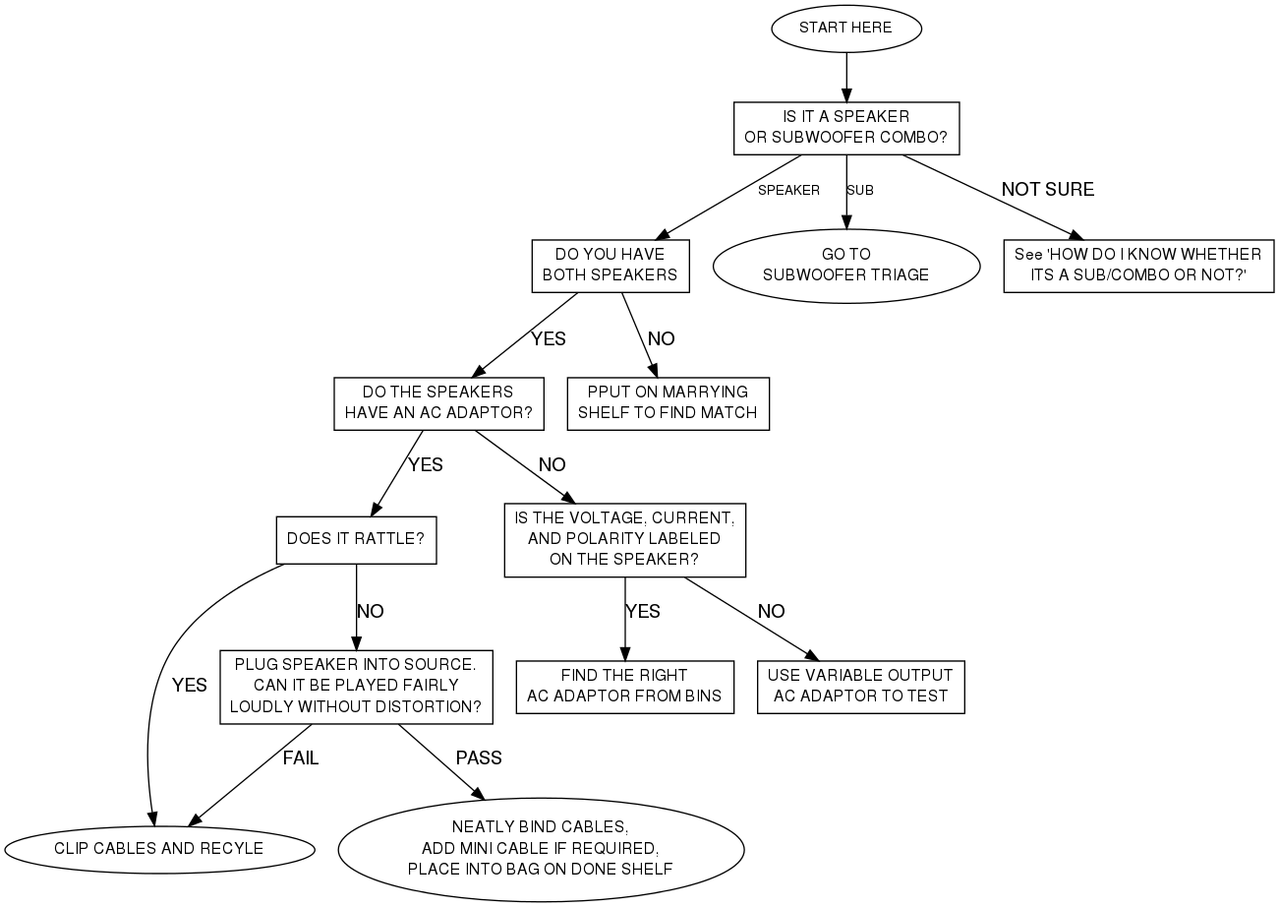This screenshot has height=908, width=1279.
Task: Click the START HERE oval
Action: pyautogui.click(x=845, y=28)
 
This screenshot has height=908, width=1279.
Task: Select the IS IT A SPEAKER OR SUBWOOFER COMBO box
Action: pyautogui.click(x=845, y=127)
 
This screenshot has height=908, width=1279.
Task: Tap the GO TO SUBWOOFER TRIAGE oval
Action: pyautogui.click(x=845, y=265)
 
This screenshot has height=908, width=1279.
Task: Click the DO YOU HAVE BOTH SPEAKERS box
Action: pyautogui.click(x=610, y=265)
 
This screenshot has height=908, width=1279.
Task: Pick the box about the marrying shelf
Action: pyautogui.click(x=668, y=402)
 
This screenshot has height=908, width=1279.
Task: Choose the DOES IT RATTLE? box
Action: pyautogui.click(x=356, y=539)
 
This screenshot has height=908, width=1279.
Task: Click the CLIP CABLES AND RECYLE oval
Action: pyautogui.click(x=158, y=848)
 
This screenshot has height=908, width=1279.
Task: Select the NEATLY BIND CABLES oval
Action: pyautogui.click(x=541, y=848)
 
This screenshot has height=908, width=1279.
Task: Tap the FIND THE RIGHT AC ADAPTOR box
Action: pyautogui.click(x=624, y=686)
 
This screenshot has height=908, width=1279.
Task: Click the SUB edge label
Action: pyautogui.click(x=860, y=190)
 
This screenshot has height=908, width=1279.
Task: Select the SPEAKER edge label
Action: pyautogui.click(x=788, y=190)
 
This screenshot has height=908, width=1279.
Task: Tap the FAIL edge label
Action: pyautogui.click(x=301, y=757)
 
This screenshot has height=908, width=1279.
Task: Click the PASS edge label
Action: pyautogui.click(x=479, y=757)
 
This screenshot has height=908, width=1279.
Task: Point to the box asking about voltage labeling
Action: pyautogui.click(x=624, y=539)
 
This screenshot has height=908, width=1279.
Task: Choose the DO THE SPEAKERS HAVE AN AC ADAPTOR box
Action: pyautogui.click(x=437, y=402)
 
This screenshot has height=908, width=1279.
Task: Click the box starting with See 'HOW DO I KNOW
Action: pyautogui.click(x=1137, y=265)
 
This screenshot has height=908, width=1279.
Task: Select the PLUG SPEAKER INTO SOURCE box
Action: pyautogui.click(x=355, y=686)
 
